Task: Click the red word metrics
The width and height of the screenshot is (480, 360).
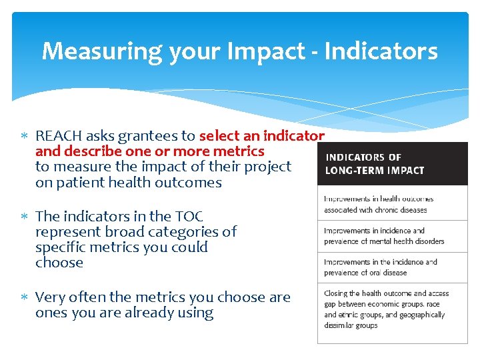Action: click(238, 151)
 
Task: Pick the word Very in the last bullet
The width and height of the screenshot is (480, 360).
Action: click(49, 297)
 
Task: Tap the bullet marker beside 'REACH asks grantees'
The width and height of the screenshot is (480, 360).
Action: click(24, 137)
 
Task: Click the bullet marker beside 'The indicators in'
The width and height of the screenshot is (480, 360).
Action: click(24, 217)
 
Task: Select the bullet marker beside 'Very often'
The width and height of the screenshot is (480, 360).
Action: click(24, 298)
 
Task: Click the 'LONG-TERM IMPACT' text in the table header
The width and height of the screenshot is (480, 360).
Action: click(374, 170)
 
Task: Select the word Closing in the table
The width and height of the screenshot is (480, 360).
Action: click(337, 293)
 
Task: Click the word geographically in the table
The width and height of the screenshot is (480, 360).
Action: click(422, 315)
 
